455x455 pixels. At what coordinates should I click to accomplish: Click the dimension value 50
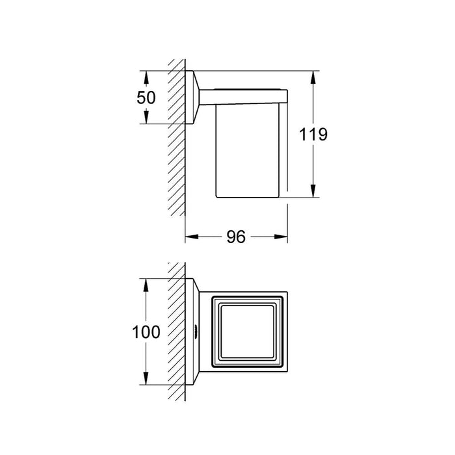pyautogui.click(x=146, y=97)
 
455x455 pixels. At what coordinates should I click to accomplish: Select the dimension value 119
pyautogui.click(x=313, y=135)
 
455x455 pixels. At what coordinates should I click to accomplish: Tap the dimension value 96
pyautogui.click(x=236, y=237)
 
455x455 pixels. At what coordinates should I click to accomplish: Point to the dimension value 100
pyautogui.click(x=146, y=332)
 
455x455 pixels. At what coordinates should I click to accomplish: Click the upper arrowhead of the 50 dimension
pyautogui.click(x=146, y=77)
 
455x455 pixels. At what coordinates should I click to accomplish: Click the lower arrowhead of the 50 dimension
pyautogui.click(x=146, y=117)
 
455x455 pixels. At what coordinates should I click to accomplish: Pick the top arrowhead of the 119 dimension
pyautogui.click(x=313, y=77)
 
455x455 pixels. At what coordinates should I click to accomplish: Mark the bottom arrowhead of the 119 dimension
pyautogui.click(x=313, y=191)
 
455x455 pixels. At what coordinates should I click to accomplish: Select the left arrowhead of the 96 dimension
pyautogui.click(x=192, y=237)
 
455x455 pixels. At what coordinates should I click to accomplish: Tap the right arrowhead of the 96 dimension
pyautogui.click(x=281, y=237)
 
